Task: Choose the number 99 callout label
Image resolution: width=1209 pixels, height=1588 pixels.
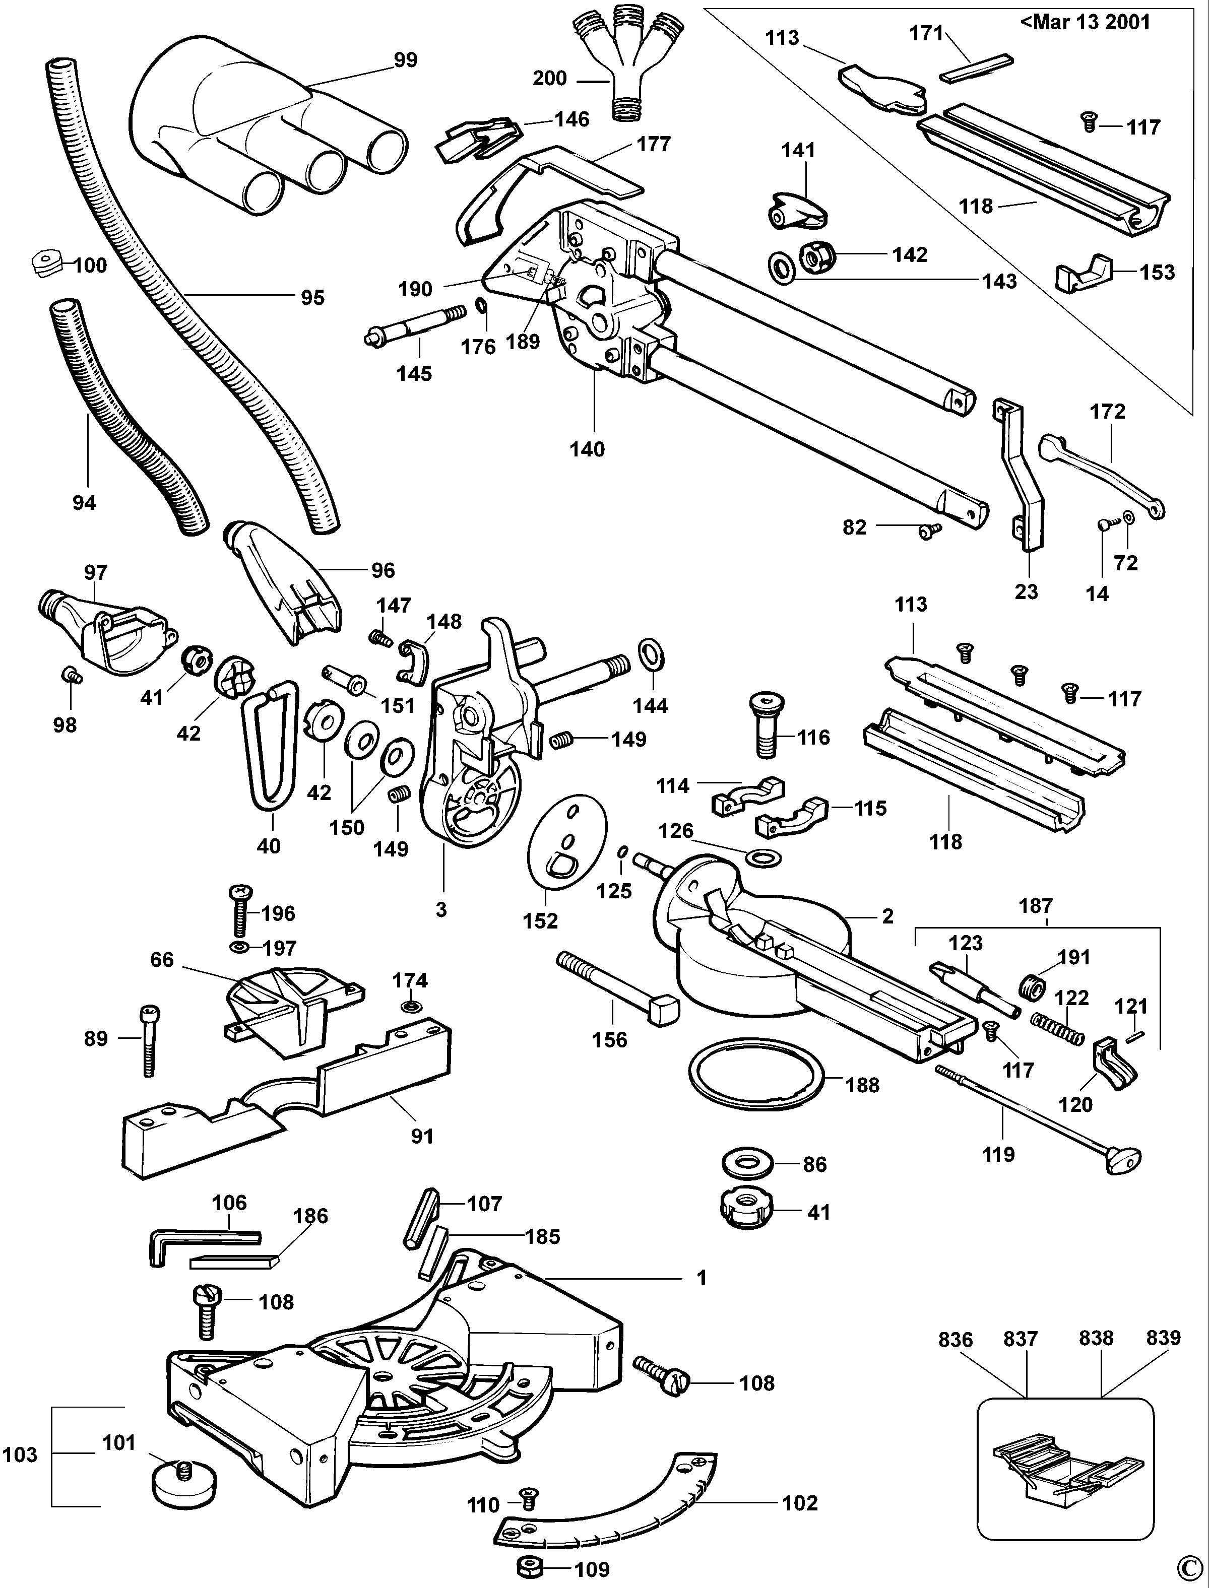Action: click(x=405, y=60)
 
